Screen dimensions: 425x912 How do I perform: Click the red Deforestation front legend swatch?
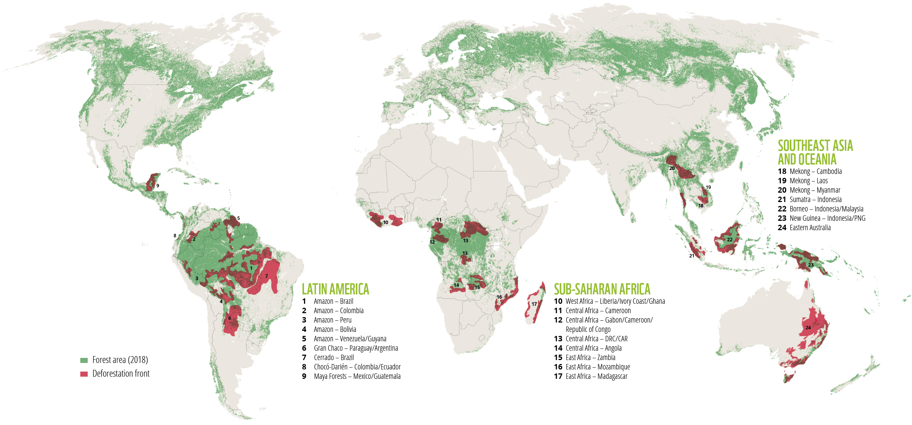[84, 374]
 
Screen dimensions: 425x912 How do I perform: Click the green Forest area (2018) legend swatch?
[84, 360]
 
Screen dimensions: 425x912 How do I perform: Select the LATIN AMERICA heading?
[335, 289]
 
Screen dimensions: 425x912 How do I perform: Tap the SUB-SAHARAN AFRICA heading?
[602, 289]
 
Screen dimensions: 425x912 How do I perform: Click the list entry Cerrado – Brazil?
[333, 358]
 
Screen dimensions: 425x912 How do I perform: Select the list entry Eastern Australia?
[810, 228]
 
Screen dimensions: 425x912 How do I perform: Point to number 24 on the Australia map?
[808, 328]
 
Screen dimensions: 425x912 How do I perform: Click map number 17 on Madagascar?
[534, 304]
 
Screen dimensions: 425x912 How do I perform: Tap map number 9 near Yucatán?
[158, 186]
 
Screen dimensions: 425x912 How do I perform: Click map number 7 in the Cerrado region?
[266, 276]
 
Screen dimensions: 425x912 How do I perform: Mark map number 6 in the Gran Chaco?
[229, 318]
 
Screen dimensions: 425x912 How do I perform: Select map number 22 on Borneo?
[730, 240]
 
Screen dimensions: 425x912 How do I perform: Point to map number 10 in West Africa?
[385, 222]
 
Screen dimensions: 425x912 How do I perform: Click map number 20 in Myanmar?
[672, 168]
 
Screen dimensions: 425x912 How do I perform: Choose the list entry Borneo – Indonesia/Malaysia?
[826, 209]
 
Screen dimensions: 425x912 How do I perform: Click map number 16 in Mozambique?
[499, 297]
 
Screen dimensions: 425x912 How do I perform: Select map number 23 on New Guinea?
[811, 265]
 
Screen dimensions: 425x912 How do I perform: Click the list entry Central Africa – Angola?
[593, 348]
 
